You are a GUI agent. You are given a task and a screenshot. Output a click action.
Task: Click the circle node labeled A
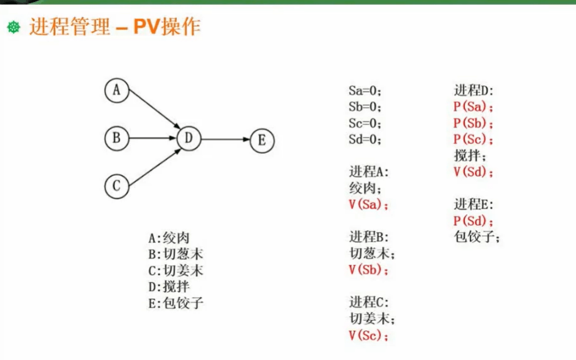click(117, 90)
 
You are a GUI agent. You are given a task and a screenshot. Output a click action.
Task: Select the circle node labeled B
click(117, 138)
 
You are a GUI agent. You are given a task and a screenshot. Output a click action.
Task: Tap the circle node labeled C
click(117, 186)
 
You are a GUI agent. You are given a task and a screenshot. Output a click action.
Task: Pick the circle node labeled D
click(189, 139)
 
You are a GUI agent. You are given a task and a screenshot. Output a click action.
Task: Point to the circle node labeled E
click(262, 140)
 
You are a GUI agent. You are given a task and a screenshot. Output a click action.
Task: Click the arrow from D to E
click(226, 139)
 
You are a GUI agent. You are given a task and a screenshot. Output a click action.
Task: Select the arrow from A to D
click(154, 109)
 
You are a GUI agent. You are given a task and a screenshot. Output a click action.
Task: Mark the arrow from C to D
click(155, 167)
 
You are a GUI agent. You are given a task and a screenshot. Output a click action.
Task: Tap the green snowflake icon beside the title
click(14, 27)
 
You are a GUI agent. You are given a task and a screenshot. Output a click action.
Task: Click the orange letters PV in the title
click(146, 26)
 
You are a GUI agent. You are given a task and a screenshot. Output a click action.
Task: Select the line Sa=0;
click(365, 91)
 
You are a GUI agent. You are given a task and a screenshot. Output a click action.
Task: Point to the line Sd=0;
click(365, 139)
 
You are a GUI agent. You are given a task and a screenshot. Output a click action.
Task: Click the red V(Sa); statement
click(368, 205)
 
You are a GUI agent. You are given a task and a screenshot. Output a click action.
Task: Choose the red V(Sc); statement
click(368, 335)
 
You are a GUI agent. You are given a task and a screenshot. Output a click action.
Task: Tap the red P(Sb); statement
click(473, 123)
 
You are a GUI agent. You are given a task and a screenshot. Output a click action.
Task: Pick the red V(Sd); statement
click(473, 172)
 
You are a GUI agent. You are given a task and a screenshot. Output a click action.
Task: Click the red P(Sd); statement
click(473, 221)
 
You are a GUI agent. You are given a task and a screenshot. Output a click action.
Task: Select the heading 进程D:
click(474, 90)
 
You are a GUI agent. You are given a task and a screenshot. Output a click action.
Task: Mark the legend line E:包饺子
click(176, 304)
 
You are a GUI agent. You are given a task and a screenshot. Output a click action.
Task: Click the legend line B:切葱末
click(176, 254)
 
